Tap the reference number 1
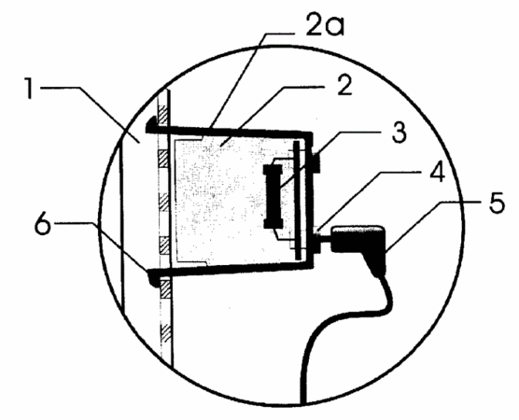click(30, 88)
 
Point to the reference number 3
click(400, 133)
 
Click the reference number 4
click(437, 172)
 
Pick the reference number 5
click(497, 203)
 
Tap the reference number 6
click(43, 224)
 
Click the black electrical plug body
click(361, 245)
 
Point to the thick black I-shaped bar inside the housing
click(273, 196)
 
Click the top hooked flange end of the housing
click(151, 125)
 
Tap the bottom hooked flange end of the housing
click(152, 277)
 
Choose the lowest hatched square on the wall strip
click(165, 333)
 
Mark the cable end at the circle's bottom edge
click(302, 401)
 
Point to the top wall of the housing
click(229, 131)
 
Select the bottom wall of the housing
click(230, 268)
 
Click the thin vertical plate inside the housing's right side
click(297, 201)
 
